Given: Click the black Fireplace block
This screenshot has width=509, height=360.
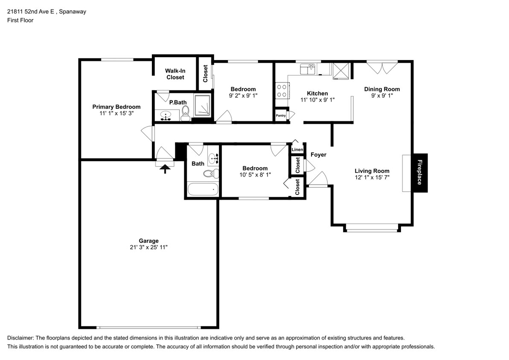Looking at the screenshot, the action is pyautogui.click(x=420, y=173).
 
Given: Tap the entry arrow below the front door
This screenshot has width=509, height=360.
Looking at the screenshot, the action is pyautogui.click(x=165, y=169).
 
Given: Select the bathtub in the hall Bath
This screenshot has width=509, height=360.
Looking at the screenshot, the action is pyautogui.click(x=203, y=189).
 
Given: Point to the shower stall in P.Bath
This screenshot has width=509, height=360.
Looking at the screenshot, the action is pyautogui.click(x=202, y=105).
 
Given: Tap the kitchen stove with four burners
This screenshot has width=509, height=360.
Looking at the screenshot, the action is pyautogui.click(x=282, y=90).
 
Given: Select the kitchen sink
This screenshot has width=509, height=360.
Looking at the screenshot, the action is pyautogui.click(x=308, y=69).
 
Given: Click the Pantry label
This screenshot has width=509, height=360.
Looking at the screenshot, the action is pyautogui.click(x=280, y=116).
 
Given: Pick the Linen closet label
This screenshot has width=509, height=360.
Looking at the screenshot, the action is pyautogui.click(x=297, y=150).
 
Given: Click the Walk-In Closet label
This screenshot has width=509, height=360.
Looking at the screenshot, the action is pyautogui.click(x=175, y=74).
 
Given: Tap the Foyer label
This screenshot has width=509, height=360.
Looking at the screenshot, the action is pyautogui.click(x=318, y=154).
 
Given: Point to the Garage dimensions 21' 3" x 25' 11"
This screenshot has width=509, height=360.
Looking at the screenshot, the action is pyautogui.click(x=148, y=247).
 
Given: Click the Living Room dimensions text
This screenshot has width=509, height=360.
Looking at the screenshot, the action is pyautogui.click(x=372, y=177).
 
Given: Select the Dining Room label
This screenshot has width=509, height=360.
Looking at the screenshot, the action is pyautogui.click(x=382, y=89).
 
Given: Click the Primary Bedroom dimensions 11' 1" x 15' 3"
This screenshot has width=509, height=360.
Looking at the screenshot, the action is pyautogui.click(x=116, y=113).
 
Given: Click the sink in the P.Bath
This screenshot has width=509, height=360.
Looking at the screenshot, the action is pyautogui.click(x=166, y=116).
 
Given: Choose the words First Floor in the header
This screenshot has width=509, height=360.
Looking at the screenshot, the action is pyautogui.click(x=20, y=20).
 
